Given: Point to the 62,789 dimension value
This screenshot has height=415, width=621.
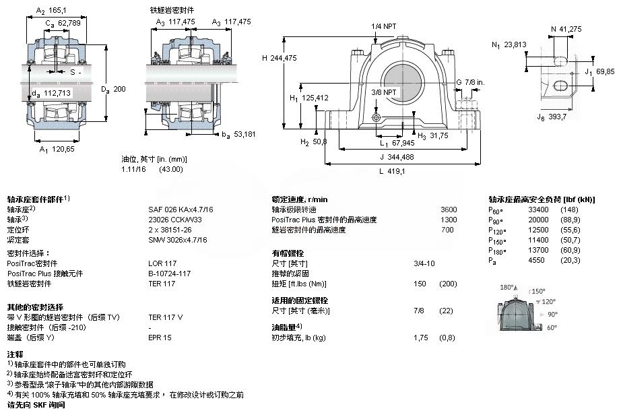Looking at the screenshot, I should click(x=67, y=24).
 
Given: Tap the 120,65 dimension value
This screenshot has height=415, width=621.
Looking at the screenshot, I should click(x=63, y=149).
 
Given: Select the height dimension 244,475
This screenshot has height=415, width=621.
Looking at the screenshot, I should click(x=284, y=58).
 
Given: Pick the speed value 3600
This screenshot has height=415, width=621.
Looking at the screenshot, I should click(x=448, y=209).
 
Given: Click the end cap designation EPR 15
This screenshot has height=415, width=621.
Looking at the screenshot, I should click(x=160, y=336).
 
